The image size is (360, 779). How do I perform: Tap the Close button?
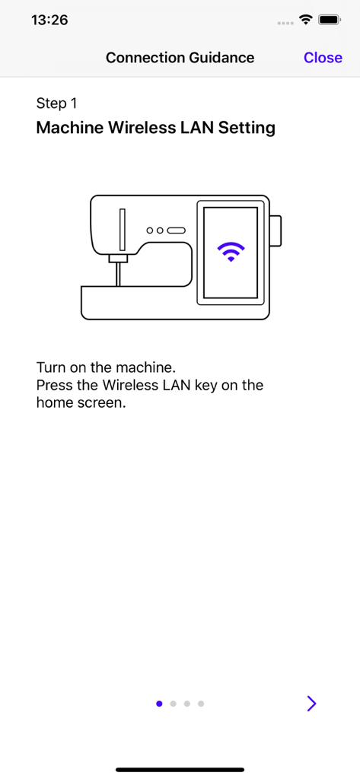(323, 58)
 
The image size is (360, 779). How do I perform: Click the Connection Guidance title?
(180, 58)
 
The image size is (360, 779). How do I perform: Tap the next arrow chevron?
(312, 704)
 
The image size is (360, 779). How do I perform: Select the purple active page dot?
(159, 704)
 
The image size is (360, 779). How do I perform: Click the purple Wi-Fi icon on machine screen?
(231, 252)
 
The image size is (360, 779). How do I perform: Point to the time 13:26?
(49, 20)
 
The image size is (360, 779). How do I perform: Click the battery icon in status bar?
(329, 20)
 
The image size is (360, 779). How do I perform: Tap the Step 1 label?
(56, 103)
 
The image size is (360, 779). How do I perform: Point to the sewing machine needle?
(118, 274)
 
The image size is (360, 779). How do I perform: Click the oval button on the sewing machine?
(176, 231)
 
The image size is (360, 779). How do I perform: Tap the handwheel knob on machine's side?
(276, 231)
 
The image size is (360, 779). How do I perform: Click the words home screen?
(81, 402)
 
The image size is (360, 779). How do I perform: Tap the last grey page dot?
(201, 704)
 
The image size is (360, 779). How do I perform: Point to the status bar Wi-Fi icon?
(305, 20)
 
